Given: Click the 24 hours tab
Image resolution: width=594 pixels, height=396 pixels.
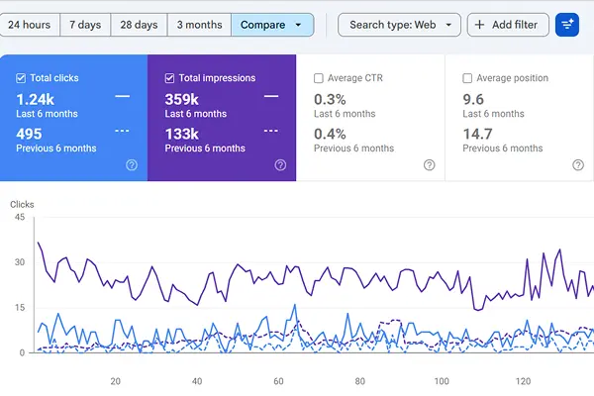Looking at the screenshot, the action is [29, 25].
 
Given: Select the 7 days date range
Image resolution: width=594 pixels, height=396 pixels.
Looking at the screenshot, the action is [85, 25].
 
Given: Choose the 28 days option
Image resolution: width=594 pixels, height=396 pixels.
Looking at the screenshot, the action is [139, 25].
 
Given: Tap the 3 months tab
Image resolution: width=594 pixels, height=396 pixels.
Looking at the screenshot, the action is [199, 25].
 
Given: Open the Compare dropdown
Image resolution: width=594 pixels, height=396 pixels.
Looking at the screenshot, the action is [272, 25].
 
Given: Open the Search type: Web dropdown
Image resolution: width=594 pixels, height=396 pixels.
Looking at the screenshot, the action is [399, 25].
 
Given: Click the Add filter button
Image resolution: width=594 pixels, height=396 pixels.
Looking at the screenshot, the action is [508, 25].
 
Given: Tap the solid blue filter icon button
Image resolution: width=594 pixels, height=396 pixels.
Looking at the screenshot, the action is [567, 25].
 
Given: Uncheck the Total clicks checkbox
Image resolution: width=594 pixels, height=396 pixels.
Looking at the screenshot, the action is [21, 78].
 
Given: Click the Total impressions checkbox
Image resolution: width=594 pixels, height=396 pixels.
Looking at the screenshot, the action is [169, 78].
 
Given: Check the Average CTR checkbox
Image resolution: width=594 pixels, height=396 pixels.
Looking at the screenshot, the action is [319, 78].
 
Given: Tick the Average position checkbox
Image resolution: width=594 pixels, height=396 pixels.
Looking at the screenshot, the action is [467, 78].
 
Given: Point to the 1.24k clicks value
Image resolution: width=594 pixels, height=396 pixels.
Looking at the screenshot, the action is [36, 100].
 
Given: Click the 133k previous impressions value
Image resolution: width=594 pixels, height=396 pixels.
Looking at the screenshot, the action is [182, 135].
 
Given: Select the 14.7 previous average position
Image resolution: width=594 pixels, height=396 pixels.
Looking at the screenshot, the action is [478, 135].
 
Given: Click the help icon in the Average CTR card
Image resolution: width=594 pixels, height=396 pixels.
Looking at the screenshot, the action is [430, 165].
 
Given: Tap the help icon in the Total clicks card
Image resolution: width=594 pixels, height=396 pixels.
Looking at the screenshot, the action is [132, 165].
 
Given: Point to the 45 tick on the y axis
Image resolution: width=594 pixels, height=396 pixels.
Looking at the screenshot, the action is [20, 217].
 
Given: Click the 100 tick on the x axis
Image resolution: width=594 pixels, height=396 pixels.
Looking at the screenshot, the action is [442, 381].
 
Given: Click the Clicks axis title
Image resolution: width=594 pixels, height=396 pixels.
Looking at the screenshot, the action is [22, 205].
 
